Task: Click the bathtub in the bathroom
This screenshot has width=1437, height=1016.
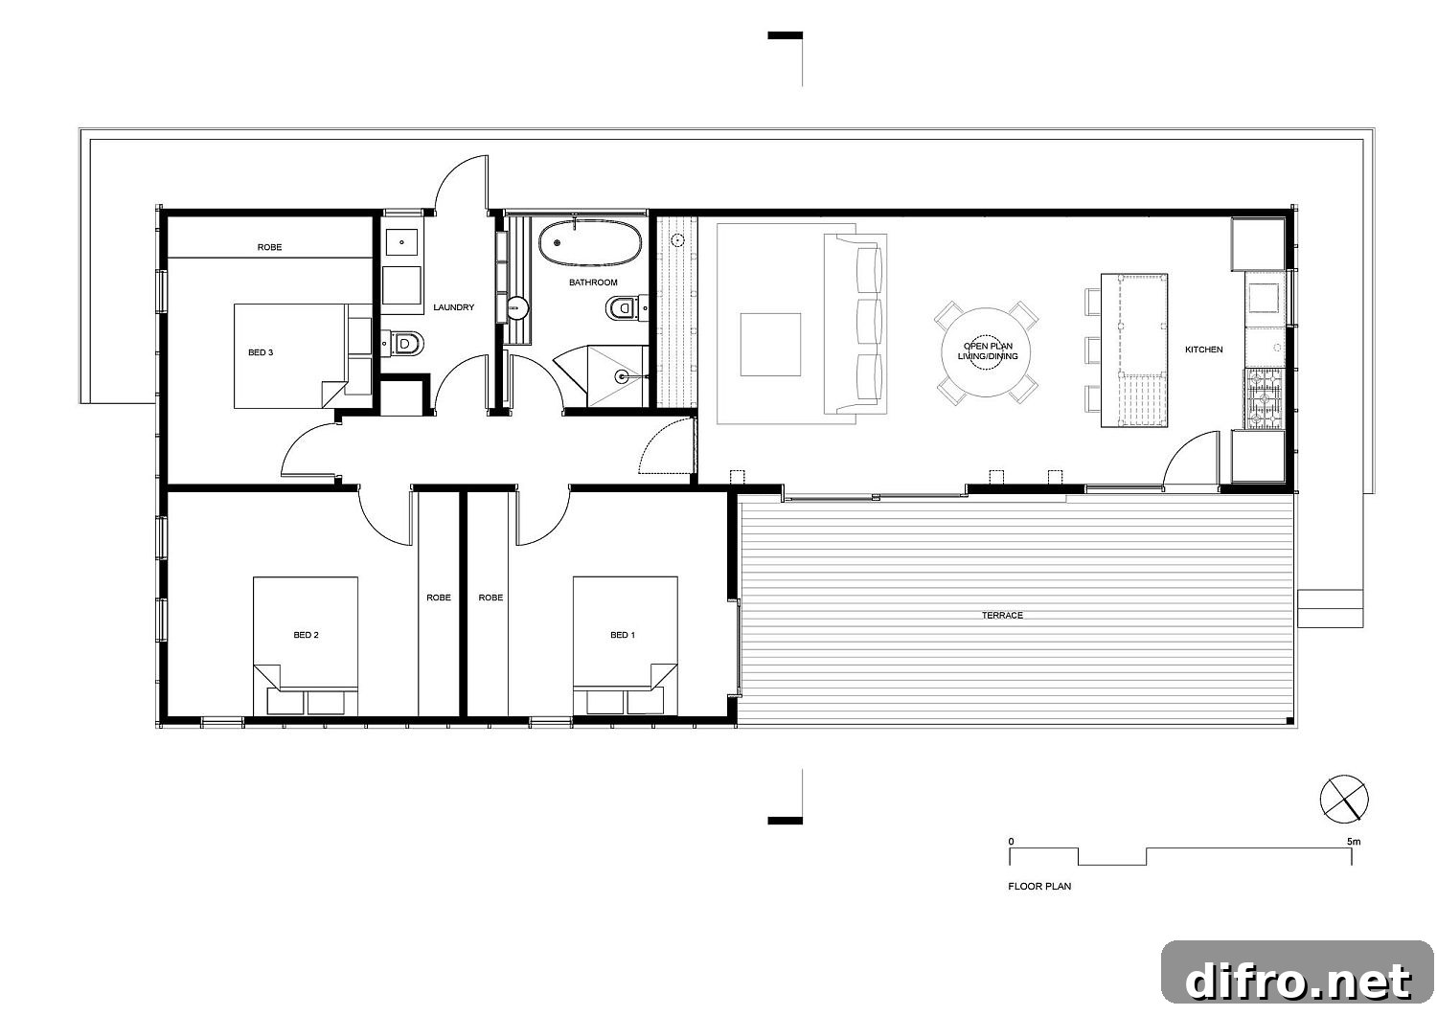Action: (x=589, y=243)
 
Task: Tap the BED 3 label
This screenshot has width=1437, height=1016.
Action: (x=261, y=352)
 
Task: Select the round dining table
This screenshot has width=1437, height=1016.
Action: (x=988, y=351)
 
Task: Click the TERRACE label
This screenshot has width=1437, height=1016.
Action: (x=1002, y=615)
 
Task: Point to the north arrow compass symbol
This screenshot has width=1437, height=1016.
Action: (x=1344, y=800)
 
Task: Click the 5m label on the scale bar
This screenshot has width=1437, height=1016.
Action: (x=1354, y=842)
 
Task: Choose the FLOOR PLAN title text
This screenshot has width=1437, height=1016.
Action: (x=1039, y=887)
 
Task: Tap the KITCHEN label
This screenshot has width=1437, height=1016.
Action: (x=1203, y=350)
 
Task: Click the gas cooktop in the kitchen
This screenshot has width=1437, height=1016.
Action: (x=1265, y=399)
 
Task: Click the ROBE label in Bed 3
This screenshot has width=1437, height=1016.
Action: (x=269, y=247)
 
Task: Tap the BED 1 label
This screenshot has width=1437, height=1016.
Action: (x=623, y=635)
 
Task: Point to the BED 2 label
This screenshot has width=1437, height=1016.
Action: (x=306, y=635)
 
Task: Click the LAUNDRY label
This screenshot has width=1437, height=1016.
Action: (x=453, y=307)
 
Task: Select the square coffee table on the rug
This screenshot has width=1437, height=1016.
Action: (x=770, y=345)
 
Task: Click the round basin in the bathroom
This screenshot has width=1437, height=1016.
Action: (x=516, y=308)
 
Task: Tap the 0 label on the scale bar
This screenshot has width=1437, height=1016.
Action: (x=1011, y=842)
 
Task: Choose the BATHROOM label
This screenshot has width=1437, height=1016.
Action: (x=593, y=282)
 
